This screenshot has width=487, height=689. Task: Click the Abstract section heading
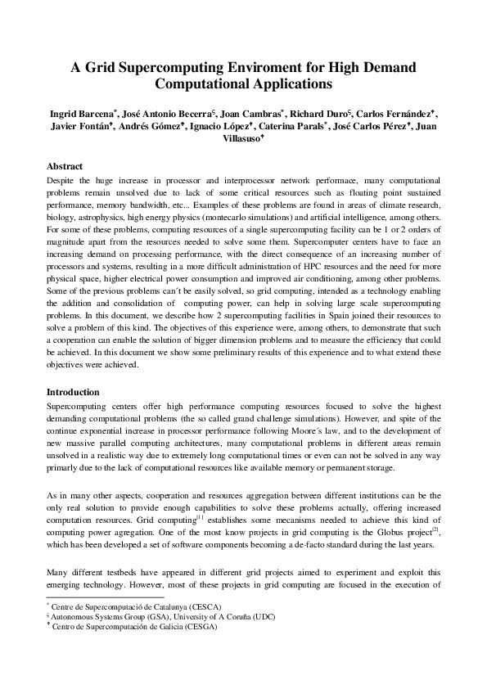tap(65, 166)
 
